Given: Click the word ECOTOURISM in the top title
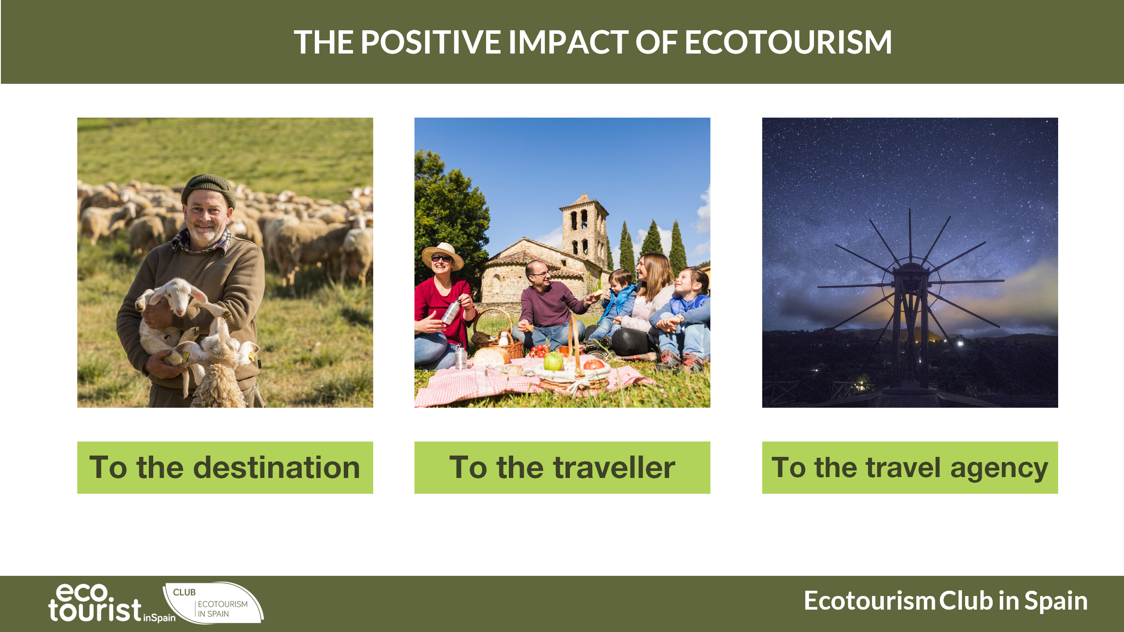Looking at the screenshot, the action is click(x=788, y=42).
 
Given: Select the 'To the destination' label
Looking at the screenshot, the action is click(x=225, y=467).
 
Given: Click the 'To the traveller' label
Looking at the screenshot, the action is click(x=562, y=467).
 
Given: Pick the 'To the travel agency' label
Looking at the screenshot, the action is click(x=910, y=467).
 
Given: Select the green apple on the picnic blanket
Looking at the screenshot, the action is click(x=553, y=361).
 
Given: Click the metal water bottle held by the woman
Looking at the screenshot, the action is click(x=451, y=311).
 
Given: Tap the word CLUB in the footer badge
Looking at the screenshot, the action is click(x=184, y=592).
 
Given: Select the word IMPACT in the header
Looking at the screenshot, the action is click(x=569, y=42).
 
